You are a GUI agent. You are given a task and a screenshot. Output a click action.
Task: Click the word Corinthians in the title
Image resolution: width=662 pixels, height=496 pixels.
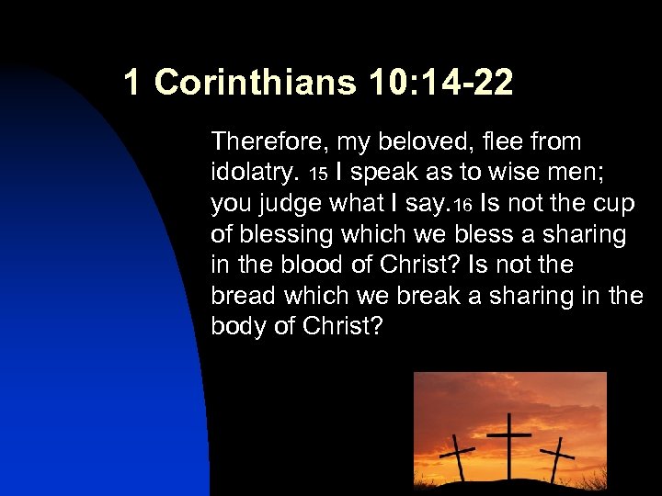click(254, 83)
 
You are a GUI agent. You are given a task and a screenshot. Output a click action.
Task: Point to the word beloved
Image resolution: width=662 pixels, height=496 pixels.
click(419, 141)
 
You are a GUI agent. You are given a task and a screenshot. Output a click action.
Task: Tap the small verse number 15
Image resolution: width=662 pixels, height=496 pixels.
click(317, 174)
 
